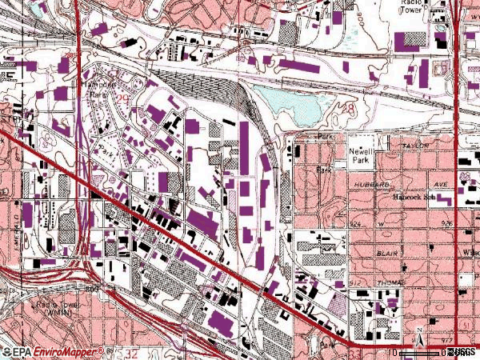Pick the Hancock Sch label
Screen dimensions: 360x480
[415, 195]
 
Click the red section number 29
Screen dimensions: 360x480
[122, 94]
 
